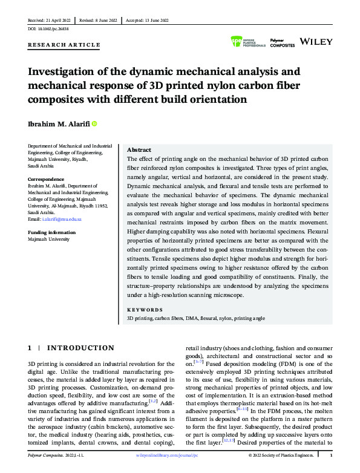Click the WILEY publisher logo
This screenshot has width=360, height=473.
pyautogui.click(x=315, y=42)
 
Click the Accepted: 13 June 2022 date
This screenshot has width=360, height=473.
pyautogui.click(x=150, y=20)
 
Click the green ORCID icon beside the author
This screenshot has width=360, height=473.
pyautogui.click(x=94, y=124)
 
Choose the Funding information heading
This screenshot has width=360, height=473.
pyautogui.click(x=52, y=232)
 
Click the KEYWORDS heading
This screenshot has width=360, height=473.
pyautogui.click(x=145, y=308)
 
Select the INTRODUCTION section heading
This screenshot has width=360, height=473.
pyautogui.click(x=80, y=348)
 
